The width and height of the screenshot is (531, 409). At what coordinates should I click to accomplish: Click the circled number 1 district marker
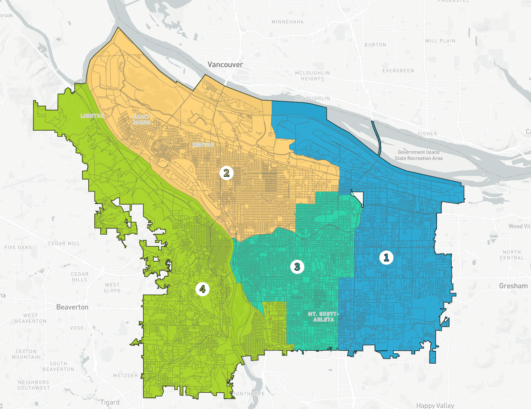pyautogui.click(x=386, y=257)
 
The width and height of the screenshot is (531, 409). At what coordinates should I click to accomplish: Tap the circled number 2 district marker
pyautogui.click(x=226, y=173)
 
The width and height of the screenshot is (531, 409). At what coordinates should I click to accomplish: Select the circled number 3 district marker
pyautogui.click(x=297, y=267)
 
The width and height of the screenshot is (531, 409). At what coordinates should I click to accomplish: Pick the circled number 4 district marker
pyautogui.click(x=202, y=289)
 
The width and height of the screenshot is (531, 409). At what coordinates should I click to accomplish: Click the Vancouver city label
pyautogui.click(x=225, y=65)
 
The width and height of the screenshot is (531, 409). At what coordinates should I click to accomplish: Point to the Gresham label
pyautogui.click(x=513, y=286)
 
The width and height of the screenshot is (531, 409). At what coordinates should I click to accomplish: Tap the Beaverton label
pyautogui.click(x=72, y=307)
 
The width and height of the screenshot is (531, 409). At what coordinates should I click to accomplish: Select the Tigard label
pyautogui.click(x=110, y=402)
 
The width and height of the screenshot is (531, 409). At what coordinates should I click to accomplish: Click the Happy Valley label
pyautogui.click(x=435, y=405)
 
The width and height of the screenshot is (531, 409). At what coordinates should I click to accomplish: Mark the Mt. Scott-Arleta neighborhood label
pyautogui.click(x=323, y=317)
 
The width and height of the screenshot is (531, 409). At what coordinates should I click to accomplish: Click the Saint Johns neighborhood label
pyautogui.click(x=141, y=119)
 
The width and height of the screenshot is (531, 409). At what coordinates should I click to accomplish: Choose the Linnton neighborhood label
pyautogui.click(x=93, y=116)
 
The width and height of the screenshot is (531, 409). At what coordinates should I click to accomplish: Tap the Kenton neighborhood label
pyautogui.click(x=203, y=145)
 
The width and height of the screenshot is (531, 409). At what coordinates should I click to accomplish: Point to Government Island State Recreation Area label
pyautogui.click(x=418, y=155)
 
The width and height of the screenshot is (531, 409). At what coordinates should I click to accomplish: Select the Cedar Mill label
pyautogui.click(x=64, y=244)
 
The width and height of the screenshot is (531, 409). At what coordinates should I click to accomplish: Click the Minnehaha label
pyautogui.click(x=287, y=22)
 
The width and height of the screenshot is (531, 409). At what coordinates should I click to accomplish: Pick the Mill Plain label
pyautogui.click(x=440, y=41)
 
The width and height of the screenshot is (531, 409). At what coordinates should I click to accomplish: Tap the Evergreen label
pyautogui.click(x=398, y=71)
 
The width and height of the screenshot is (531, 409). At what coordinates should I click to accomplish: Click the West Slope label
pyautogui.click(x=112, y=288)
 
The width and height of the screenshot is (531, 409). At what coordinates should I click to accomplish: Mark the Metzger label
pyautogui.click(x=125, y=376)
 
